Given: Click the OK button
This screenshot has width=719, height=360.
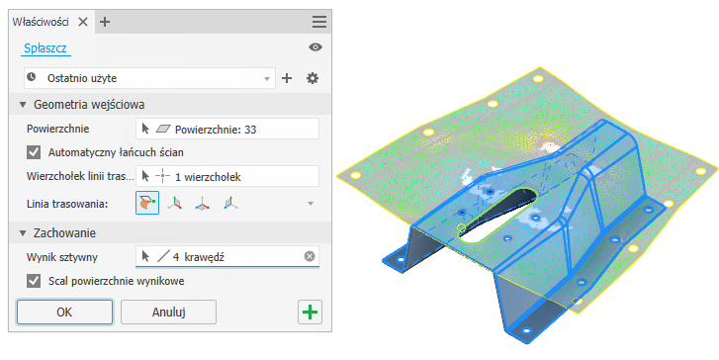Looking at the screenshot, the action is point(64,313).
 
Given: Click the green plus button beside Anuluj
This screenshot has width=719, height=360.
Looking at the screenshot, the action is point(310,313).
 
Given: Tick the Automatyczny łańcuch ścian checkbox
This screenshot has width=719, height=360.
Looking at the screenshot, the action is point(34,152).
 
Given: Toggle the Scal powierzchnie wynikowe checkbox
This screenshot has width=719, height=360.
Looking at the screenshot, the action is point(34,281).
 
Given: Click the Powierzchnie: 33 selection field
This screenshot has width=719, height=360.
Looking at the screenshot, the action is point(227,129).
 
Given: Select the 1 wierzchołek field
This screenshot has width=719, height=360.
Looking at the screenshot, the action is point(227,177).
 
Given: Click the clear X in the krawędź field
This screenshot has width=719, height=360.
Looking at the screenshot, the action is point(310,256).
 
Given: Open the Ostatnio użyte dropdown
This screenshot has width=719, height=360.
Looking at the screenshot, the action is point(149,78).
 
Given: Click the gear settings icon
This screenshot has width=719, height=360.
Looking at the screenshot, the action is point(313,78).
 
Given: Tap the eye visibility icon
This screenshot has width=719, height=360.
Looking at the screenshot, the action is point(315,47).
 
